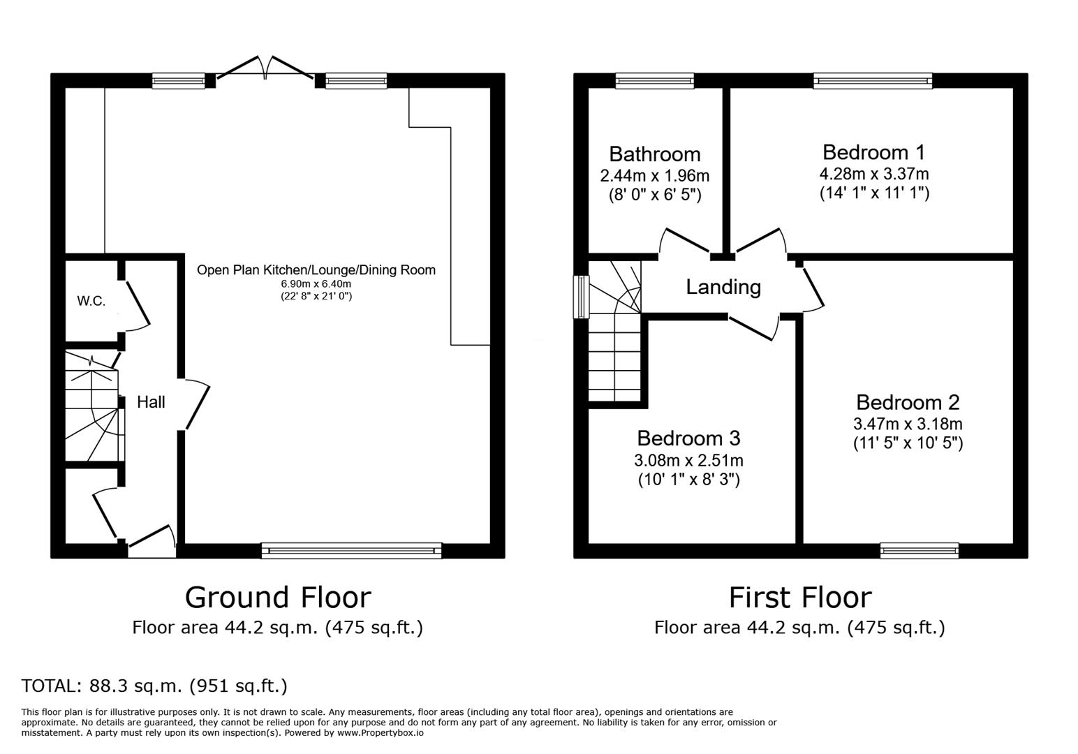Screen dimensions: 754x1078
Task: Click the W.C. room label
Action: pyautogui.click(x=91, y=302)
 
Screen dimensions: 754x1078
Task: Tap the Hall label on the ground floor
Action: pyautogui.click(x=151, y=402)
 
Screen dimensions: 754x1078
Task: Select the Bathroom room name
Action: pyautogui.click(x=654, y=154)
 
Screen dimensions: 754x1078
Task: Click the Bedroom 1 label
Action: pyautogui.click(x=873, y=151)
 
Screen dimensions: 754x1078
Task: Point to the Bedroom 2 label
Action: pyautogui.click(x=908, y=402)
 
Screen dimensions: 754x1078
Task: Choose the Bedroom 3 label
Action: pyautogui.click(x=688, y=438)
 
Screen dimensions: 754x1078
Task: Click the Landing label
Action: pyautogui.click(x=723, y=287)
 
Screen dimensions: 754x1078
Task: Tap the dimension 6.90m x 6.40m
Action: pyautogui.click(x=316, y=284)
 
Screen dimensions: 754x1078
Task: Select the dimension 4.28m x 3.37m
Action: pyautogui.click(x=873, y=174)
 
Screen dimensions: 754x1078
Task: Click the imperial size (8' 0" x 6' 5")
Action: pyautogui.click(x=654, y=195)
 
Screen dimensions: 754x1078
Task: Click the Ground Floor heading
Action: pyautogui.click(x=277, y=598)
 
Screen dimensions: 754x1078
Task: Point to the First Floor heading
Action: pyautogui.click(x=799, y=598)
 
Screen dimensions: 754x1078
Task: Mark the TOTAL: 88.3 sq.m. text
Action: pyautogui.click(x=154, y=686)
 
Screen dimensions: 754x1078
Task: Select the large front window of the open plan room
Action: pyautogui.click(x=351, y=550)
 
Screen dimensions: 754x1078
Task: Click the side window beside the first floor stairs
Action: pyautogui.click(x=581, y=297)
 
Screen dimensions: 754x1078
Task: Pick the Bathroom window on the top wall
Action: pyautogui.click(x=654, y=81)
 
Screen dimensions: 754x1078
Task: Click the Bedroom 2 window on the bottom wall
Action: pyautogui.click(x=919, y=550)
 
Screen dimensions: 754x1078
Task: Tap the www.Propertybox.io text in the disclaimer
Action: pyautogui.click(x=381, y=733)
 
